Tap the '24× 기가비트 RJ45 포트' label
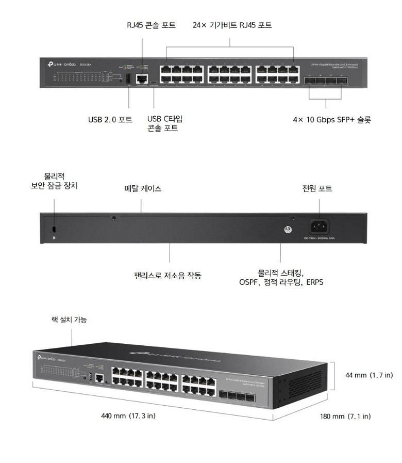pos(232,25)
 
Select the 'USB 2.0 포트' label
pos(110,120)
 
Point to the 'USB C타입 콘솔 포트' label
pos(165,123)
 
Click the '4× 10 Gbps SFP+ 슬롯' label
pos(332,120)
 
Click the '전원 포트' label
pos(317,189)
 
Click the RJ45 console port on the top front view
pos(141,79)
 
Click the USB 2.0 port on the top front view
pos(128,79)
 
